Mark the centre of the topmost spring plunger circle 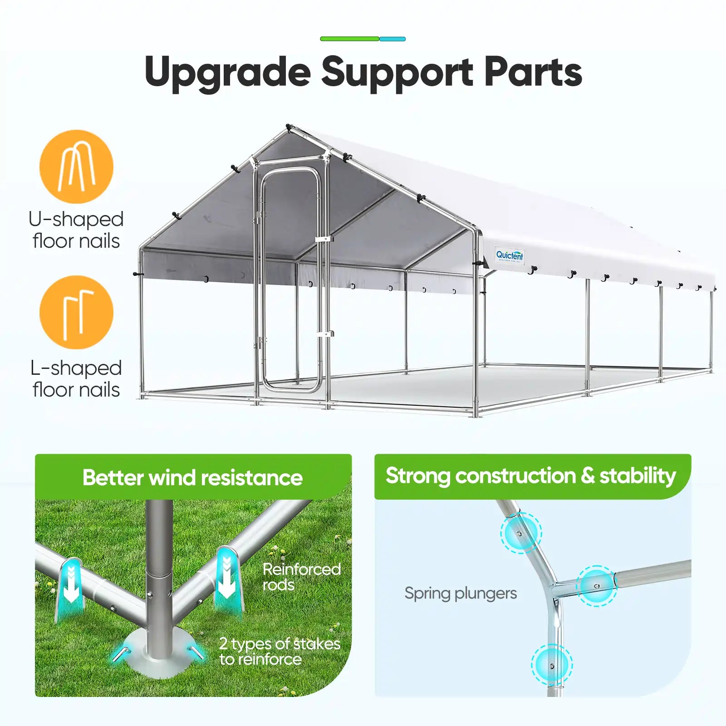[x=521, y=533]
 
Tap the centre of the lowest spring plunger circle [x=552, y=665]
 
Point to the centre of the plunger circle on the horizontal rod [x=597, y=586]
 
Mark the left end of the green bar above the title [x=321, y=39]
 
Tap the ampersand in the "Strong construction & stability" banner [x=588, y=476]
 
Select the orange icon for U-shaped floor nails [x=76, y=167]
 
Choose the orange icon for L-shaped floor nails [x=76, y=312]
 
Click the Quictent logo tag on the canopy [x=510, y=255]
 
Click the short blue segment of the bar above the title [x=392, y=39]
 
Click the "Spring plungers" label [x=461, y=594]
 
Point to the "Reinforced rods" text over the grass [x=301, y=577]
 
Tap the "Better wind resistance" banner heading [x=192, y=477]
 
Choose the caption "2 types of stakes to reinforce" [x=280, y=651]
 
